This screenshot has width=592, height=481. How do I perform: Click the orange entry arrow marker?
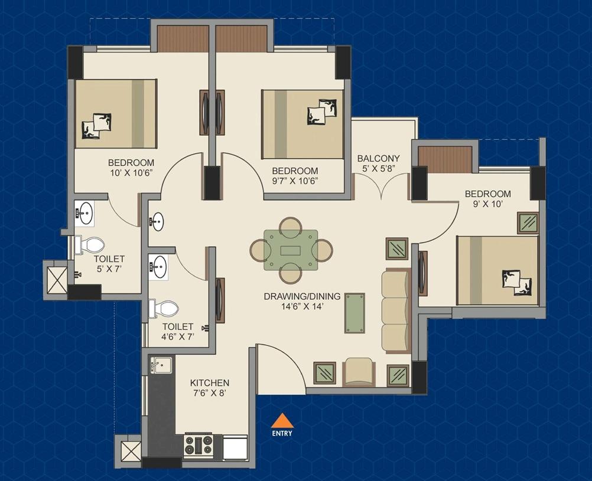[x=282, y=420]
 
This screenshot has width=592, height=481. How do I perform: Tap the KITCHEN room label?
[x=210, y=382]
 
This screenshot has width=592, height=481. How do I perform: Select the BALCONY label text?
[x=378, y=158]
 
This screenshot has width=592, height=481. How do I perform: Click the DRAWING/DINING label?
[x=302, y=296]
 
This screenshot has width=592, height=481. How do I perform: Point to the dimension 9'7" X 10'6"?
[x=295, y=181]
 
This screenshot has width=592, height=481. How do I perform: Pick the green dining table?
[x=291, y=250]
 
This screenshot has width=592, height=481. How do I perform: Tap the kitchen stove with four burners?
[x=198, y=445]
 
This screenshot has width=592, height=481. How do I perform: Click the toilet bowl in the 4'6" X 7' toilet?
[x=164, y=309]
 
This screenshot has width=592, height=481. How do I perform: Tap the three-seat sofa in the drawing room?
[x=396, y=311]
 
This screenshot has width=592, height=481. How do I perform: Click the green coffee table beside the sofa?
[x=354, y=313]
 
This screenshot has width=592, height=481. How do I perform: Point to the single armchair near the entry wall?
[x=359, y=372]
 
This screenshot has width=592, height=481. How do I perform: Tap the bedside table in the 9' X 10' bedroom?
[x=528, y=223]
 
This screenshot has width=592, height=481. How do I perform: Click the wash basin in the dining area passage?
[x=157, y=221]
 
